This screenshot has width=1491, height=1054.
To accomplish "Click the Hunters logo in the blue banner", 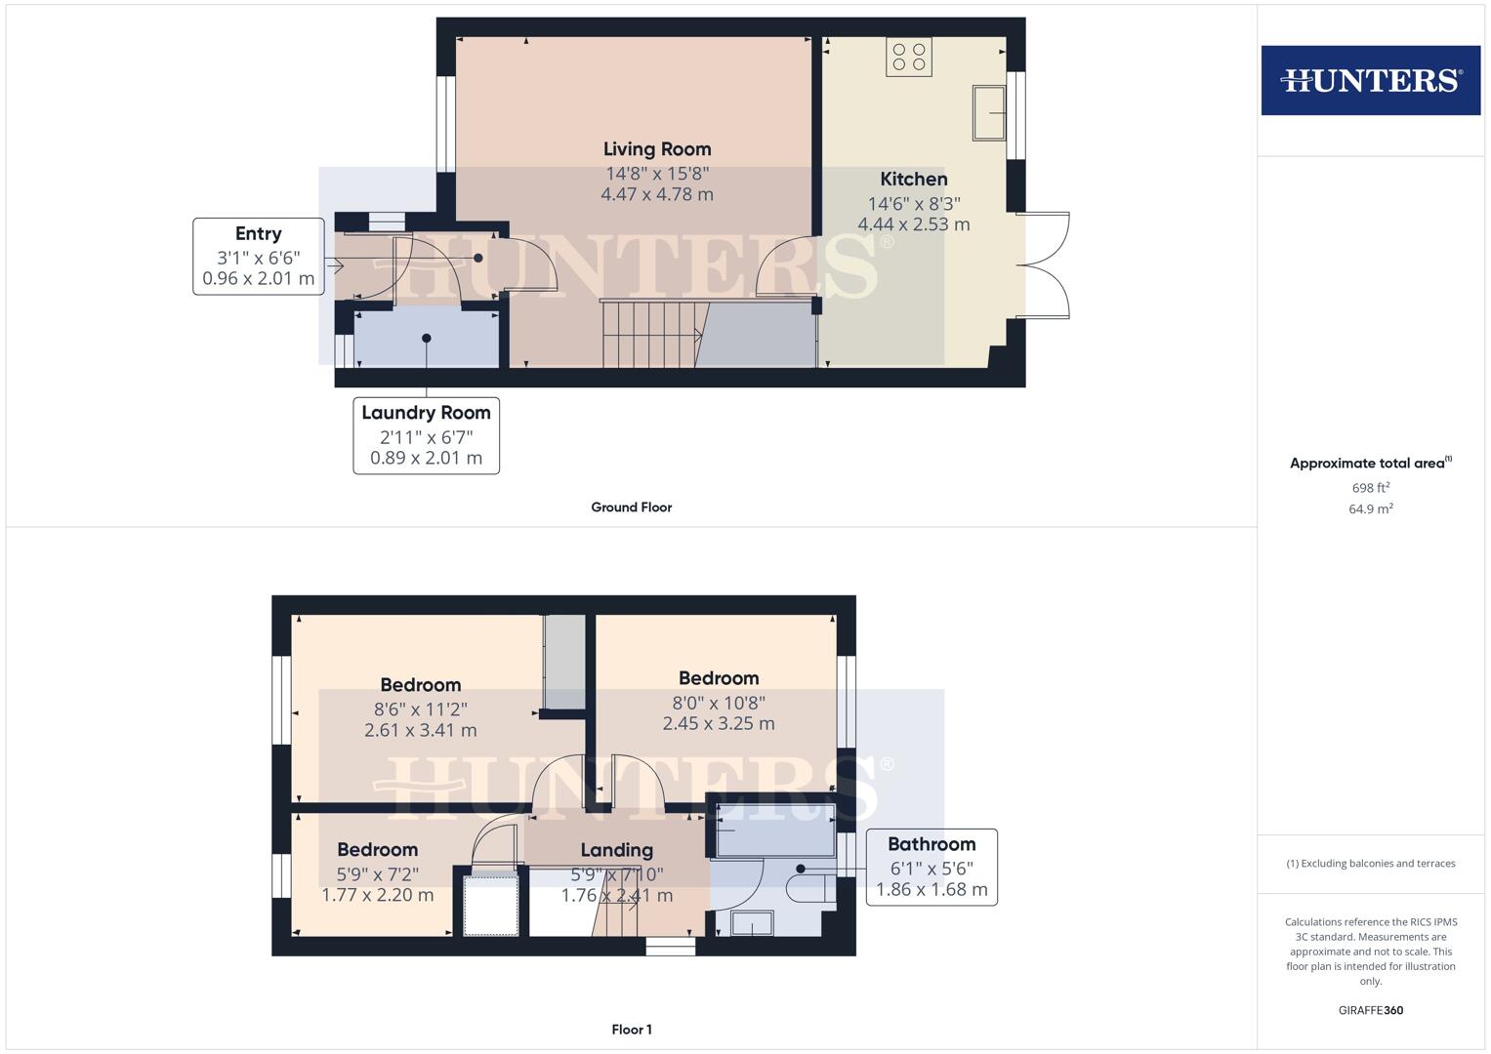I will (x=1370, y=80).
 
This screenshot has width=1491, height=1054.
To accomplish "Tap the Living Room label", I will (x=656, y=149).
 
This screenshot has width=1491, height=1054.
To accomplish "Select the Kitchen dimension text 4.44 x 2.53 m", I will (x=913, y=224).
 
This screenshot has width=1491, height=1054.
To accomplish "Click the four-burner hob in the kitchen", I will (x=908, y=57).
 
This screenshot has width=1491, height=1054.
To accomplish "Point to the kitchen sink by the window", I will (x=989, y=112).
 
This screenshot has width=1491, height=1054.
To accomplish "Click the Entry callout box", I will (x=258, y=257).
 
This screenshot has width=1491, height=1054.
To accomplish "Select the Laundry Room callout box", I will (x=426, y=435).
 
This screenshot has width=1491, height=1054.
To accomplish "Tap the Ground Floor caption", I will (x=631, y=507).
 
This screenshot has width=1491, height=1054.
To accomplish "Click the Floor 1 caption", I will (x=631, y=1030).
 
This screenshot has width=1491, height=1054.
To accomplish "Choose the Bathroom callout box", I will (x=931, y=867).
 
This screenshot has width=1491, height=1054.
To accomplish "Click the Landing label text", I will (x=616, y=850).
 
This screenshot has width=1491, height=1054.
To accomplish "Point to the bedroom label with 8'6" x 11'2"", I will (x=420, y=685).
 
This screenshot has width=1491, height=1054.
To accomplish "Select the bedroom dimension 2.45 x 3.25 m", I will (x=718, y=724).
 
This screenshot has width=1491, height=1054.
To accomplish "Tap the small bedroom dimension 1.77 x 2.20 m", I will (x=377, y=895).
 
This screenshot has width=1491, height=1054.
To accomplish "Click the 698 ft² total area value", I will (x=1370, y=488).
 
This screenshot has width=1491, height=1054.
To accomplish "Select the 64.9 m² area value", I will (x=1370, y=508).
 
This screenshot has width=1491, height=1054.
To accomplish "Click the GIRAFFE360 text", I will (x=1370, y=1010).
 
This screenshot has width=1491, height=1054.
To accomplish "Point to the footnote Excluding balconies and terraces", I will (x=1370, y=864).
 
